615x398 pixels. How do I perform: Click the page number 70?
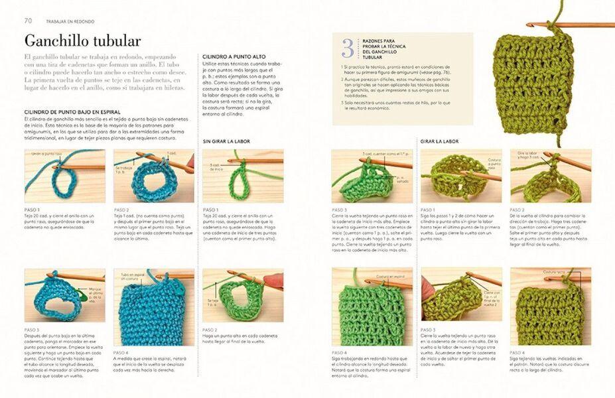coord(29,21)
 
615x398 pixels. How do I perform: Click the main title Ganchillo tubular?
coord(82,40)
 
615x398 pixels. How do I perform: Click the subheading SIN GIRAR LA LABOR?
coord(226,141)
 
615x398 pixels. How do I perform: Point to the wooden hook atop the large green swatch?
coord(571,25)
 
